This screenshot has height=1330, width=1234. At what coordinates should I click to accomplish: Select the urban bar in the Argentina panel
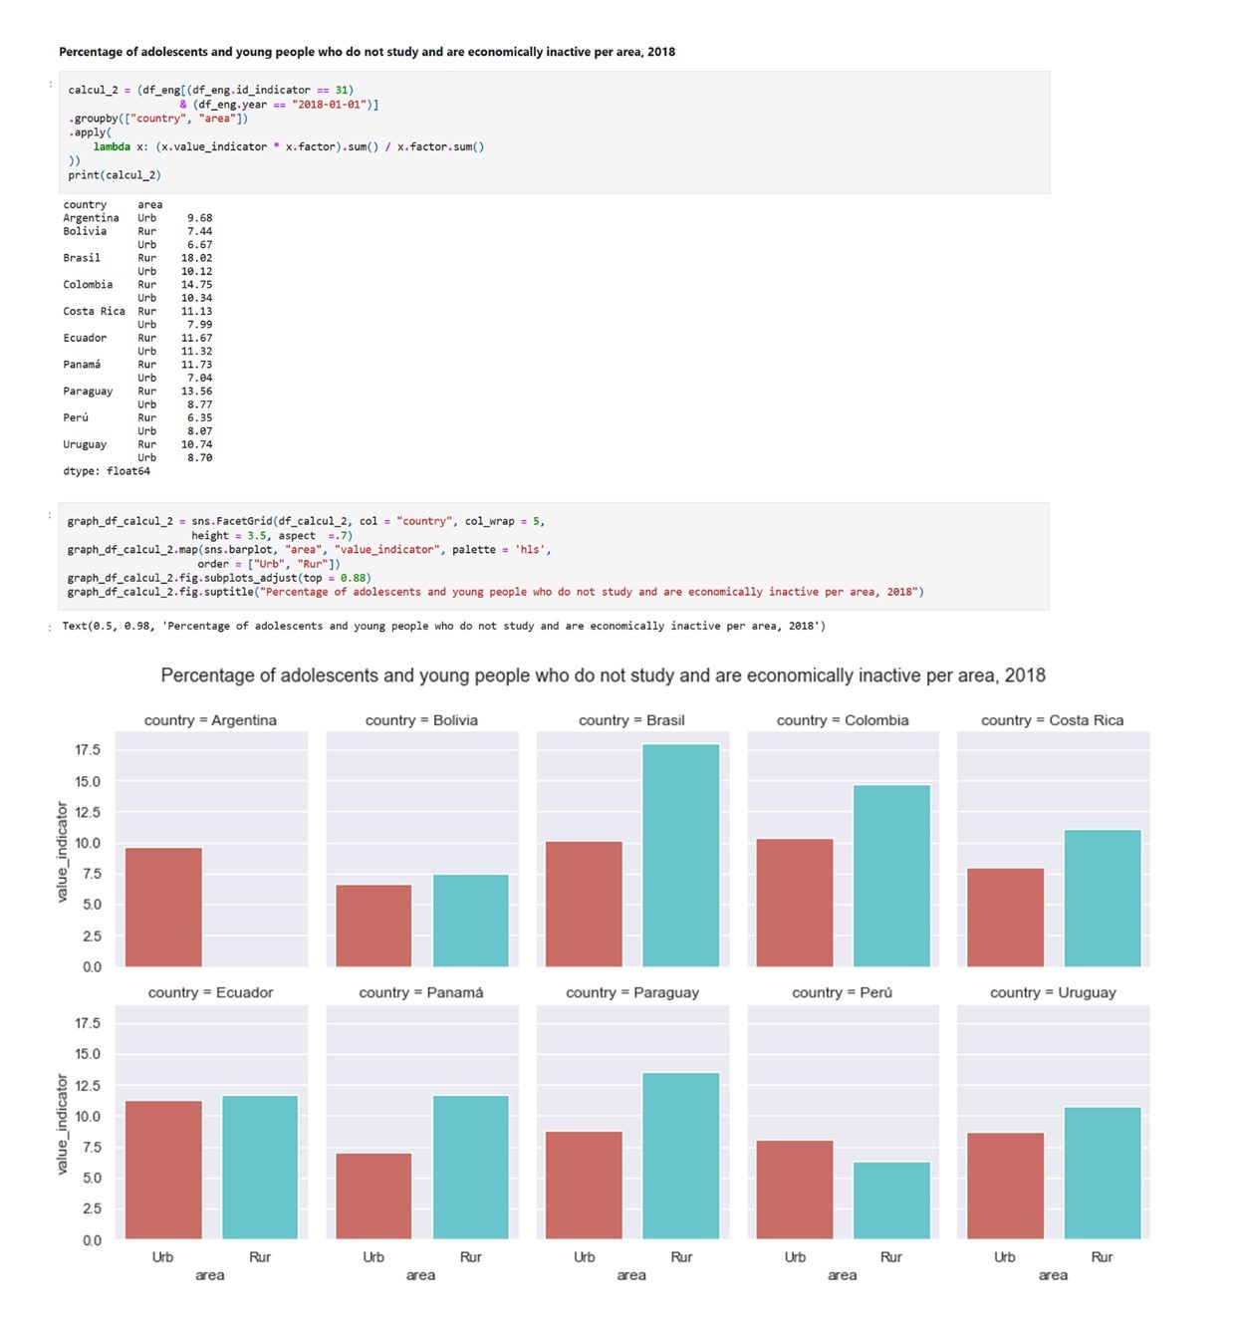tap(163, 907)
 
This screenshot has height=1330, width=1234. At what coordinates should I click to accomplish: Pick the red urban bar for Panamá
tap(373, 1196)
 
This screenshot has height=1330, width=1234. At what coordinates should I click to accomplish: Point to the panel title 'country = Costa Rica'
tap(1052, 720)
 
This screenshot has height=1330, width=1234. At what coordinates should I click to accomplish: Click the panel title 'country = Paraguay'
tap(632, 992)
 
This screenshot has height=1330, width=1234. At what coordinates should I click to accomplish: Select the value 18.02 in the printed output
tap(196, 258)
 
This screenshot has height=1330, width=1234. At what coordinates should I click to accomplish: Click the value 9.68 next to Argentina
tap(199, 218)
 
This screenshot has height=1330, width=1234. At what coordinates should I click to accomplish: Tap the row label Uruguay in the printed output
tap(85, 444)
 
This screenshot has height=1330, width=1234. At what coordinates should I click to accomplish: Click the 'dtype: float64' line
tap(107, 471)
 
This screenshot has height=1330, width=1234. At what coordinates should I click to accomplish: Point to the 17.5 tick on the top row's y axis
tap(88, 750)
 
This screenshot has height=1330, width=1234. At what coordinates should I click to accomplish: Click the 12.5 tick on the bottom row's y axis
tap(88, 1085)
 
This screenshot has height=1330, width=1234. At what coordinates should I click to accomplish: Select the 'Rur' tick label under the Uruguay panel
tap(1102, 1257)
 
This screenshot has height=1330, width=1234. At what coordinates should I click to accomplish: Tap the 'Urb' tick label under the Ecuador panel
tap(162, 1257)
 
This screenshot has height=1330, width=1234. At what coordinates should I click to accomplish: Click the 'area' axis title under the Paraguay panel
tap(631, 1275)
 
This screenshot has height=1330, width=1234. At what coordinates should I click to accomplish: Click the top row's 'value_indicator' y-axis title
tap(62, 852)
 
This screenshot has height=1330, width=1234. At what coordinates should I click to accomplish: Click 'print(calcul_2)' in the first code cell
tap(115, 175)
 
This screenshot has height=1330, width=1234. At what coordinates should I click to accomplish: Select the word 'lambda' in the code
tap(112, 146)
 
